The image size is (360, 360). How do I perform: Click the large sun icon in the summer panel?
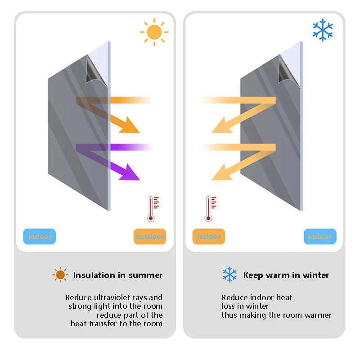(x=154, y=32)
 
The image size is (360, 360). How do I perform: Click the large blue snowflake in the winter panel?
(x=323, y=30)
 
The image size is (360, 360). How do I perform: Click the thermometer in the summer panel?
(x=152, y=209)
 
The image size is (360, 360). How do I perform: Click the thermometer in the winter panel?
(x=209, y=209)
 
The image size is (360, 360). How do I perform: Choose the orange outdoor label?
(x=150, y=236)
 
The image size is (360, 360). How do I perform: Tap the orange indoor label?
(x=209, y=236)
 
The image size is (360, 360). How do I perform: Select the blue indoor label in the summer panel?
(x=40, y=236)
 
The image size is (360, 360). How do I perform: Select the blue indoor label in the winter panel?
(x=320, y=236)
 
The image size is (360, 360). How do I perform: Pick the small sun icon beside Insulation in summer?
(x=60, y=274)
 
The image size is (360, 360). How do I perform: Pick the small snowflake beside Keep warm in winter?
(x=229, y=274)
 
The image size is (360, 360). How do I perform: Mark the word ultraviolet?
(x=115, y=297)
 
